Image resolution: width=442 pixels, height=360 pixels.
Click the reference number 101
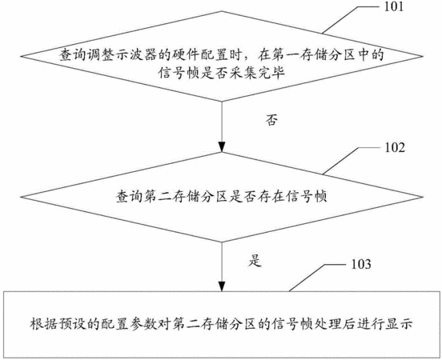394,6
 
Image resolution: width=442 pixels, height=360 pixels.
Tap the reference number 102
395,148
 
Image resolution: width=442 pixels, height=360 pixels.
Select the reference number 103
361,264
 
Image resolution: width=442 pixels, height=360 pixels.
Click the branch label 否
271,120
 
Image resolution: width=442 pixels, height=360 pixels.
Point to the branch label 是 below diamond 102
255,261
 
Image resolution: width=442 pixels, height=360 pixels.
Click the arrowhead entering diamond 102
222,147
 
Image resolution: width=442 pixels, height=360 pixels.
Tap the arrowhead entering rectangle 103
222,286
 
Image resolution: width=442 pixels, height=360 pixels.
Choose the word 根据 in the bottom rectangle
43,324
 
